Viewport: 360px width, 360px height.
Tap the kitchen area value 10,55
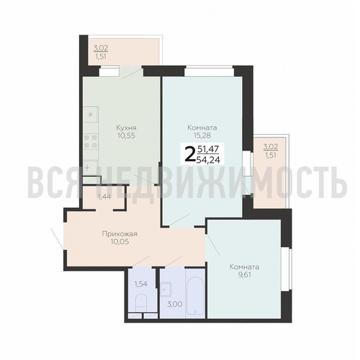click(126, 135)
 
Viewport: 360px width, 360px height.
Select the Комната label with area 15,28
click(202, 127)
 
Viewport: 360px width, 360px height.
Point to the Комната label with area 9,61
click(244, 267)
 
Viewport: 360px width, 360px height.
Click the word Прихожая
click(120, 234)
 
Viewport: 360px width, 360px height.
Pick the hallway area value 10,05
click(120, 242)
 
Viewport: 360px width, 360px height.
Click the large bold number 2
click(190, 155)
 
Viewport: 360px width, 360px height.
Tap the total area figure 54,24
click(208, 160)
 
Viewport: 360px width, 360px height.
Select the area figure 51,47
click(208, 149)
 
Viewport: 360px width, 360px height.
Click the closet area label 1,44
click(104, 197)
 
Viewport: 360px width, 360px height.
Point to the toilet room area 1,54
click(140, 284)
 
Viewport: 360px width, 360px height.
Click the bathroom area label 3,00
click(175, 304)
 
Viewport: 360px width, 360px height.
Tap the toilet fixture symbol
click(141, 303)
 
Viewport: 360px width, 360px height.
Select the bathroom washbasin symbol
click(166, 289)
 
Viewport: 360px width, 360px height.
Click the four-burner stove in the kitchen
click(91, 141)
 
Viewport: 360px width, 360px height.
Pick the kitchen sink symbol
click(91, 166)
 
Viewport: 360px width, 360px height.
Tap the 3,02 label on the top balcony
click(101, 48)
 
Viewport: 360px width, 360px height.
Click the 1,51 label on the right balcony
click(271, 155)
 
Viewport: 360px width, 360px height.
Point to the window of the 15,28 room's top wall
click(209, 71)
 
